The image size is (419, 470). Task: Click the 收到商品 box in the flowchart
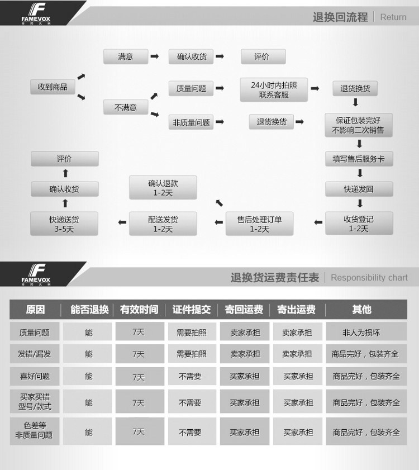[x=53, y=87]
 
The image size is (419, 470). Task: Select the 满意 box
[x=126, y=56]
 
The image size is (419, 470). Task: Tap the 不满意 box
[x=126, y=107]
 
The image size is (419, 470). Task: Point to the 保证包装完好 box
[x=359, y=125]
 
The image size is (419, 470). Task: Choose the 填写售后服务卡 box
[x=359, y=159]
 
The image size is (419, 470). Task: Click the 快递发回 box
[x=359, y=189]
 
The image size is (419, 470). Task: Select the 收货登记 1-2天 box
[x=359, y=224]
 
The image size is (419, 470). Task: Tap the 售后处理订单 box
[x=259, y=224]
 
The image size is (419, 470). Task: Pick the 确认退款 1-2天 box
[x=163, y=188]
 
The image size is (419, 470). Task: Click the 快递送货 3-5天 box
[x=64, y=224]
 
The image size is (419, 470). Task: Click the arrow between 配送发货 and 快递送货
[x=122, y=224]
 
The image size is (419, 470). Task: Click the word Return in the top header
[x=393, y=17]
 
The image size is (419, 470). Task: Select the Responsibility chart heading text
[x=369, y=277]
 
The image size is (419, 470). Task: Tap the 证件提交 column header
[x=192, y=310]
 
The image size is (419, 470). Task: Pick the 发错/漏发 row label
[x=35, y=354]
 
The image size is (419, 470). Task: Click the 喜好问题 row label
[x=35, y=376]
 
